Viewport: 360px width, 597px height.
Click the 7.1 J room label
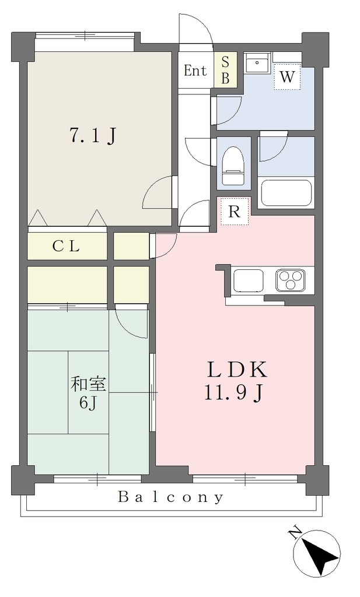click(93, 136)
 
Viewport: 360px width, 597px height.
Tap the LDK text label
click(236, 369)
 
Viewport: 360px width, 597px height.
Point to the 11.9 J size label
click(233, 392)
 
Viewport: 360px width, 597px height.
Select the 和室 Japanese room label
click(88, 385)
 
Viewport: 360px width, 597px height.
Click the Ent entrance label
click(195, 71)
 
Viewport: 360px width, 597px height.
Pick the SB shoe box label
click(226, 70)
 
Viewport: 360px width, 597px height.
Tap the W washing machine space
click(287, 77)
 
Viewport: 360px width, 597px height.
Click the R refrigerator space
click(235, 212)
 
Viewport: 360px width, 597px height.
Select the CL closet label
click(66, 247)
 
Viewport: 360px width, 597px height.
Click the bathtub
click(286, 193)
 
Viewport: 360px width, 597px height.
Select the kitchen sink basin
click(249, 280)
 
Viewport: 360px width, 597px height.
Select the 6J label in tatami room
click(88, 402)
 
